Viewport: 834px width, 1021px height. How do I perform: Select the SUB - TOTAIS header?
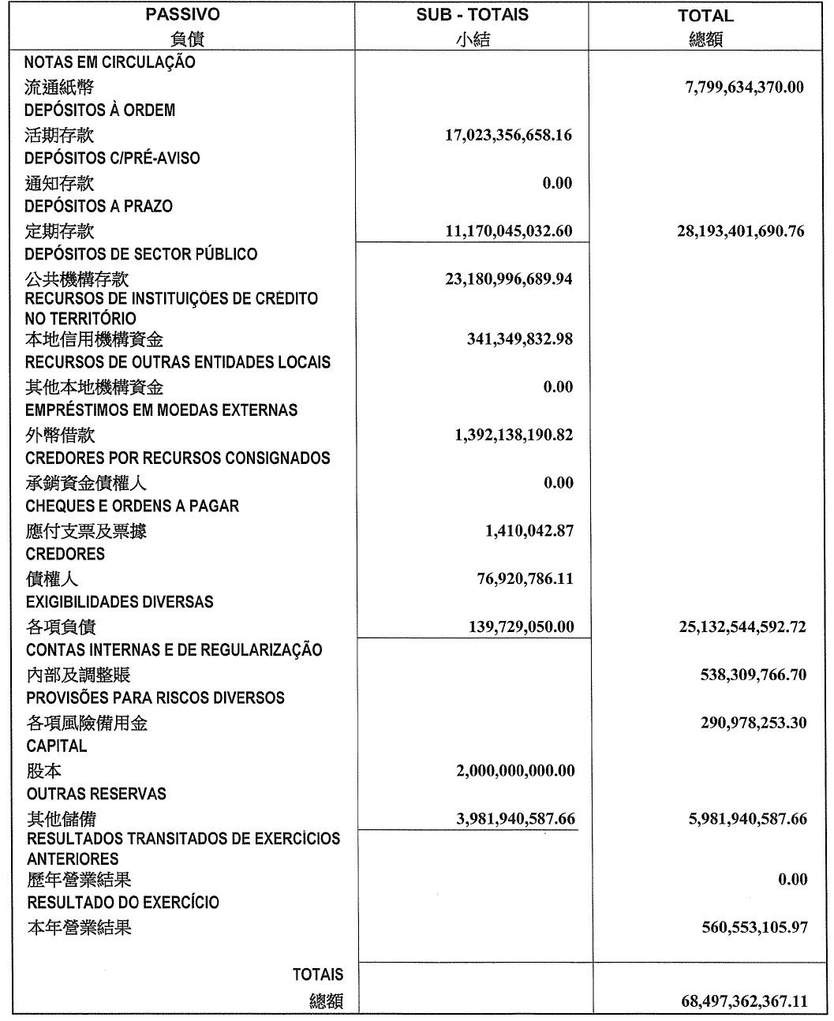pyautogui.click(x=472, y=15)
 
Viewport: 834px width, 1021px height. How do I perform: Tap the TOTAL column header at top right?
pyautogui.click(x=705, y=16)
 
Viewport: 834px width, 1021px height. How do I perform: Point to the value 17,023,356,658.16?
pyautogui.click(x=508, y=135)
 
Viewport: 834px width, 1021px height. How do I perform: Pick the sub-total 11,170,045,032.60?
pyautogui.click(x=508, y=231)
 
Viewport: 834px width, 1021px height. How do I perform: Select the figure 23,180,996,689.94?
pyautogui.click(x=508, y=279)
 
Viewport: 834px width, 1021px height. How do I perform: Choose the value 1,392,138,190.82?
pyautogui.click(x=513, y=435)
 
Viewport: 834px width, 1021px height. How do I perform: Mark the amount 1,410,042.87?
pyautogui.click(x=529, y=531)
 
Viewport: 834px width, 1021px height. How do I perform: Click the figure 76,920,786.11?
pyautogui.click(x=523, y=579)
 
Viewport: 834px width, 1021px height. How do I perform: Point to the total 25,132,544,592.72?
pyautogui.click(x=742, y=627)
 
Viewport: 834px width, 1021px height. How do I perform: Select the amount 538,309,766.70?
pyautogui.click(x=753, y=675)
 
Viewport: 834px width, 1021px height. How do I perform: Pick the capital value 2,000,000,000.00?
pyautogui.click(x=514, y=771)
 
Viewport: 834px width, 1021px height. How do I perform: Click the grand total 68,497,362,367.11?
pyautogui.click(x=743, y=1001)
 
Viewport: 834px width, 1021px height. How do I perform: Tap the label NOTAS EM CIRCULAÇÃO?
pyautogui.click(x=110, y=62)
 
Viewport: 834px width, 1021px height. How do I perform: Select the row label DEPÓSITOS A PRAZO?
pyautogui.click(x=99, y=206)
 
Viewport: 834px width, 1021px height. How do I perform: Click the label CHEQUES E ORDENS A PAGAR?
pyautogui.click(x=133, y=506)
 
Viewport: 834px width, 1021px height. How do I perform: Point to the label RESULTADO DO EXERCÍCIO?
pyautogui.click(x=123, y=902)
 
